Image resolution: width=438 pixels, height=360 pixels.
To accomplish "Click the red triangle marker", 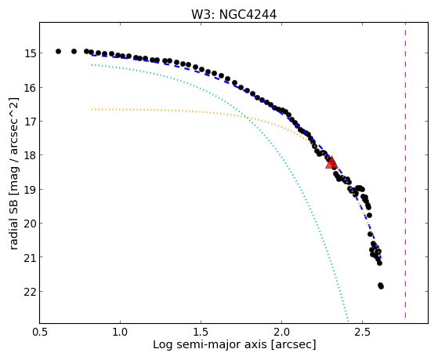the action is (331, 163).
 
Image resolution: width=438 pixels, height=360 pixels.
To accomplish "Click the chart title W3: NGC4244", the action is (233, 15).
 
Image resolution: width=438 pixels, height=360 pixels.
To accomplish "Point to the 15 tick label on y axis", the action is (30, 53).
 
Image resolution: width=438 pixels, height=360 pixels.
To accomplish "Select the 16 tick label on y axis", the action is (30, 88).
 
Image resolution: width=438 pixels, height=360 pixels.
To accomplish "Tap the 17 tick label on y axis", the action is (30, 122).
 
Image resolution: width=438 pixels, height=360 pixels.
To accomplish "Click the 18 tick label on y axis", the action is (30, 155).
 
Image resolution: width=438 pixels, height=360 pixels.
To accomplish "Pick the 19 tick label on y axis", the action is (30, 190).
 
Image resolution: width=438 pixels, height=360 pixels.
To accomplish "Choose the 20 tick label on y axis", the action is (30, 224).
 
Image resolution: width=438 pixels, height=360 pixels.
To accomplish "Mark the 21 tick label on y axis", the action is (30, 257).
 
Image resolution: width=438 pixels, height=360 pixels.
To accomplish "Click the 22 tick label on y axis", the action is (30, 292).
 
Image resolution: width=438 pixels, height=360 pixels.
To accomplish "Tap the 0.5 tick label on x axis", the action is (40, 332).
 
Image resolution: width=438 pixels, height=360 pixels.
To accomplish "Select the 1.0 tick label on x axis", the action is (120, 332).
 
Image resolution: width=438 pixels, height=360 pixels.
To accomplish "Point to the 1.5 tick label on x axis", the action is (201, 332).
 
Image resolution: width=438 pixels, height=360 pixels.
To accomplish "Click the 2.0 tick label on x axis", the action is (281, 332).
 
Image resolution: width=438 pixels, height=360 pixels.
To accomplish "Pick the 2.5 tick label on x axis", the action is (362, 332).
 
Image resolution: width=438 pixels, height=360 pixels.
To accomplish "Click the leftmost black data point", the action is (58, 51).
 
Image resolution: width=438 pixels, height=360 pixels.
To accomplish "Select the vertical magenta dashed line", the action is (405, 170).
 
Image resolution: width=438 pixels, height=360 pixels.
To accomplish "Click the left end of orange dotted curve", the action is (92, 109).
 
